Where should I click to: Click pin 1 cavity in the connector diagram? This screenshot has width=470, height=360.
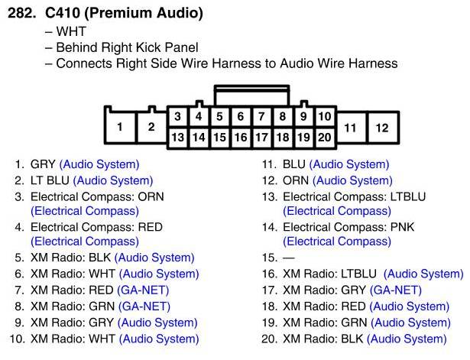tap(120, 128)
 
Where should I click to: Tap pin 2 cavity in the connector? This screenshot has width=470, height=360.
tap(151, 128)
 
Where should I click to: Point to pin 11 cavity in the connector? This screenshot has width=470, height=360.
tap(351, 128)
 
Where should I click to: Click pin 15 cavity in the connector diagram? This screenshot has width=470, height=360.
tap(219, 138)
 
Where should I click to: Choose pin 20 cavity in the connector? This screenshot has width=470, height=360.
tap(325, 138)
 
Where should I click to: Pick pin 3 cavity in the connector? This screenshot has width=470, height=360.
tap(177, 117)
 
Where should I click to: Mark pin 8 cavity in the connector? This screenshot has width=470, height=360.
tap(282, 117)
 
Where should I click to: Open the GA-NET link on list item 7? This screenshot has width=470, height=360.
tap(143, 290)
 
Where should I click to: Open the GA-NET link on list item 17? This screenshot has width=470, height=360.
tap(395, 290)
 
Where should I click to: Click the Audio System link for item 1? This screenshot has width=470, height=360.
tap(99, 164)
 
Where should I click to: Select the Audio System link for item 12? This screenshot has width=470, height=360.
tap(352, 180)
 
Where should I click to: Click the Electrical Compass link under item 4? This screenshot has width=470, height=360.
tap(85, 242)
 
